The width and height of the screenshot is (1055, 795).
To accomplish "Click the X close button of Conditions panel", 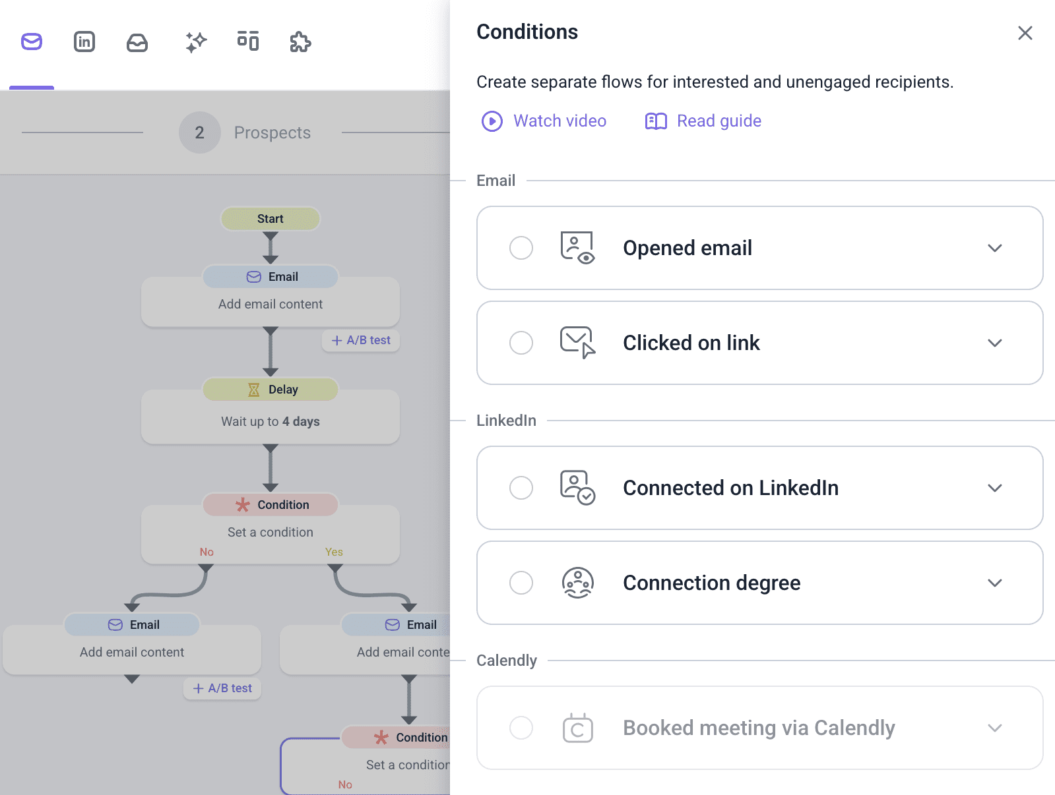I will coord(1025,33).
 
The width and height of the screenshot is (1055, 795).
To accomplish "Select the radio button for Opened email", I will coord(521,248).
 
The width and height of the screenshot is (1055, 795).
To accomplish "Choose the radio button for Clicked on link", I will coord(521,343).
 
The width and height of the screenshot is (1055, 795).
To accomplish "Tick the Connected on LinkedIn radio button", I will coord(521,488).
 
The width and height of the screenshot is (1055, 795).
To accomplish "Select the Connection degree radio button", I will coord(521,583).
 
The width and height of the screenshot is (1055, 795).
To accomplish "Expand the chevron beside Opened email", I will coord(994,248).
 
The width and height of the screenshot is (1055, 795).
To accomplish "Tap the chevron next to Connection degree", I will coord(994,583).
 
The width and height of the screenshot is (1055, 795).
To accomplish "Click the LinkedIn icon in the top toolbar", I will coord(84,42).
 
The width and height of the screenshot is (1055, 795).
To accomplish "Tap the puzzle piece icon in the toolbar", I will coord(300,42).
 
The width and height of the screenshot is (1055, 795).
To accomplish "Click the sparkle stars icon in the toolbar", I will coord(196,42).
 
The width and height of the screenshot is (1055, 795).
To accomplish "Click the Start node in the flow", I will coord(271,219).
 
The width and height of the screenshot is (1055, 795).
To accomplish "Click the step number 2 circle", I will coord(199,132).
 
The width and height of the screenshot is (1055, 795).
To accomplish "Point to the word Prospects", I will coord(272,132).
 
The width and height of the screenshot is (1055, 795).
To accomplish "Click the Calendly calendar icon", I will coord(577,728).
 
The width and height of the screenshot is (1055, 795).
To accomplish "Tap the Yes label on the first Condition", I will coord(334,552).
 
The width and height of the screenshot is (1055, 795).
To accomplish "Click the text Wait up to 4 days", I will coord(271,421).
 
